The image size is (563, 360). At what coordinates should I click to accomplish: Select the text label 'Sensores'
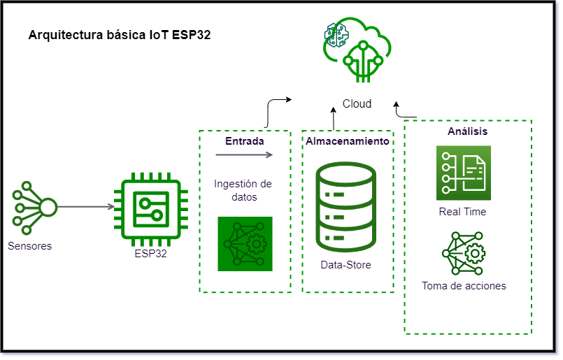point(30,245)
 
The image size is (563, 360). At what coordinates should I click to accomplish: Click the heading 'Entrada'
point(244,141)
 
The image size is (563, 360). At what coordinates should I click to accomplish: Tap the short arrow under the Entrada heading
point(244,154)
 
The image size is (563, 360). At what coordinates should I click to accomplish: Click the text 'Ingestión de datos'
point(243,190)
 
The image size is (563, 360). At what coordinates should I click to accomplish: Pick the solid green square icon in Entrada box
point(245,244)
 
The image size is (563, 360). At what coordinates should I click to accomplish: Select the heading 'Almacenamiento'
point(348,141)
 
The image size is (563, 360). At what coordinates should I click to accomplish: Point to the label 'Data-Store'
point(346,265)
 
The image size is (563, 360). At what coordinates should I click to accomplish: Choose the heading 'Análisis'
point(467,131)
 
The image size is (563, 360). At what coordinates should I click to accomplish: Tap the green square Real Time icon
point(463,173)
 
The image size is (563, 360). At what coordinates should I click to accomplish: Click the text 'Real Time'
point(462,211)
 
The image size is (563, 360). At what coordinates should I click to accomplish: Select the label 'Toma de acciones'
point(464,285)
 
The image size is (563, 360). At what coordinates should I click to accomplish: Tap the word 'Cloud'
point(357,103)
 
